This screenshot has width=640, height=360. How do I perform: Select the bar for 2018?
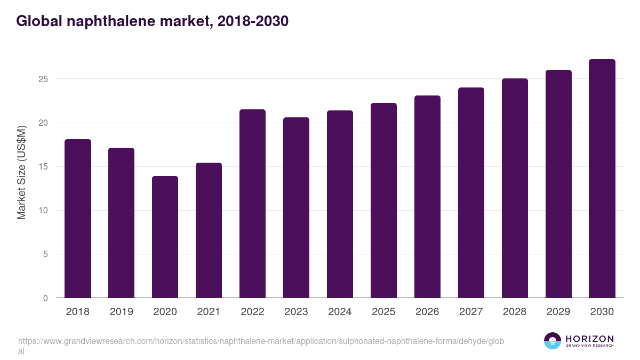coord(78,219)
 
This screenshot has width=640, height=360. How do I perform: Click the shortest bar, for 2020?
coord(165,237)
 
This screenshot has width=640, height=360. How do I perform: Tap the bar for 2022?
coord(252,204)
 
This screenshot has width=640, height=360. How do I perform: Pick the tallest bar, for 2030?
coord(602,179)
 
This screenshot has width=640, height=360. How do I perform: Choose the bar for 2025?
coord(383,201)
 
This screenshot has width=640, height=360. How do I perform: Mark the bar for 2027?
coord(471,193)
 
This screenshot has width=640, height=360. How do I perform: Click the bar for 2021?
coord(209,230)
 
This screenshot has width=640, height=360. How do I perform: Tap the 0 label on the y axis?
coord(46,298)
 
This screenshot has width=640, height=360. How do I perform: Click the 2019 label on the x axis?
coord(121,312)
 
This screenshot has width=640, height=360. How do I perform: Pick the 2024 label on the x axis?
coord(340,312)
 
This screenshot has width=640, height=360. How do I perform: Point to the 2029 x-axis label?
coord(558,312)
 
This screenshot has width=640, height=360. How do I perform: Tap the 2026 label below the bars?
coord(427,312)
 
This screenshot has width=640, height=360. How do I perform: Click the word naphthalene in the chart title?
coord(106,21)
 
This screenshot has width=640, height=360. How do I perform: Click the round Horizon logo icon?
coord(553,341)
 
